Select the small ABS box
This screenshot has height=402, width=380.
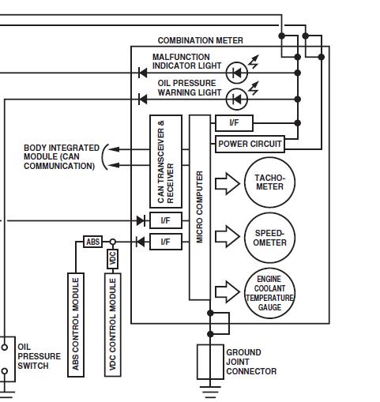[x=93, y=242]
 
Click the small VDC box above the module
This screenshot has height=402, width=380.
[x=112, y=259]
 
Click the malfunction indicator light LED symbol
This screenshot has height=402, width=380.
[x=237, y=73]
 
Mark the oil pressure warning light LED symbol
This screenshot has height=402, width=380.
[x=237, y=100]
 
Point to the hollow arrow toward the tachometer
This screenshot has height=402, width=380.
[x=228, y=184]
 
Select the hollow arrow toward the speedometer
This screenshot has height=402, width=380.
[x=228, y=236]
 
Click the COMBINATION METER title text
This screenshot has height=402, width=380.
[x=200, y=40]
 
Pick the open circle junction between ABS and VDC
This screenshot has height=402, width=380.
[x=112, y=242]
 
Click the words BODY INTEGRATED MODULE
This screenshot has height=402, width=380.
[x=62, y=152]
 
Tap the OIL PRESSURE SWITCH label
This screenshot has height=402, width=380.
[x=39, y=356]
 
